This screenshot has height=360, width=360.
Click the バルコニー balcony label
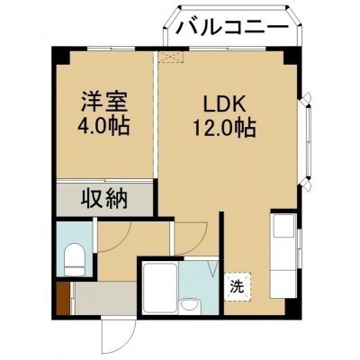pos(231,28)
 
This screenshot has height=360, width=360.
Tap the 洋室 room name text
pos(103,102)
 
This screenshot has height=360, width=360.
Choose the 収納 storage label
pos(104,198)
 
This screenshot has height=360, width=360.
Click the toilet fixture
pos(76,258)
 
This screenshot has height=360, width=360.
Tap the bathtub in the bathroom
pos(159,287)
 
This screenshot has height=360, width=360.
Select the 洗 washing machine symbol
pos(237,286)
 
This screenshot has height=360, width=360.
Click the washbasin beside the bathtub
pos(190,306)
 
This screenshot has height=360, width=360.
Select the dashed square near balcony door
pos(171,57)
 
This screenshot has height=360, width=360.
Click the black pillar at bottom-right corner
pos(291,307)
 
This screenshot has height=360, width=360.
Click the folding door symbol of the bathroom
pos(212,266)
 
